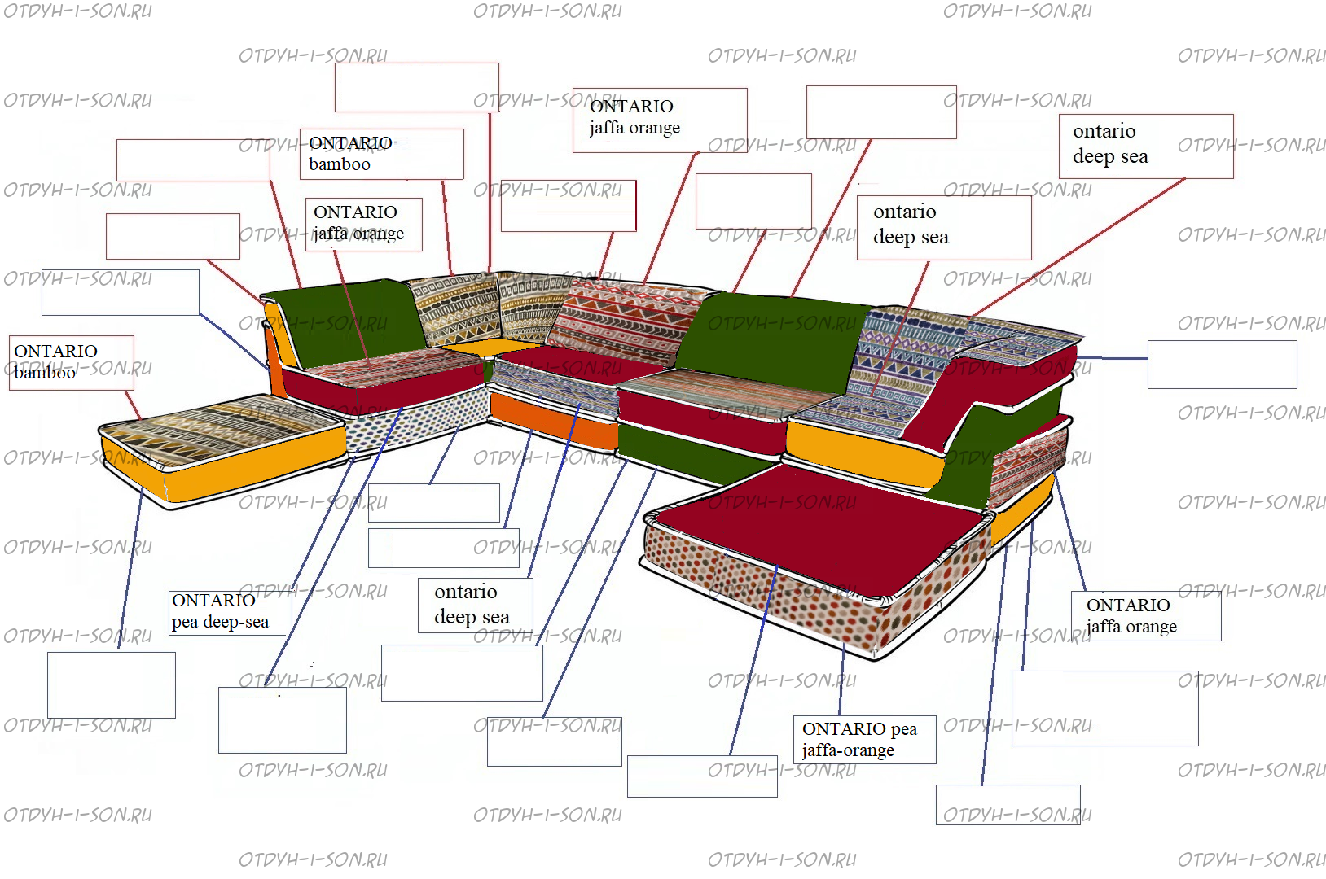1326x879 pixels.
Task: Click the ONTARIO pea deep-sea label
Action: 230,613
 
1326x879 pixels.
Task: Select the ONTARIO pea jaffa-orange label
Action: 864,739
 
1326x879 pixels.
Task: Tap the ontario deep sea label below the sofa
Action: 476,605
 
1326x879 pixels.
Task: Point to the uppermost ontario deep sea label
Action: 1146,146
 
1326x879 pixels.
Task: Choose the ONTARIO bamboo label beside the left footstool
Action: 72,363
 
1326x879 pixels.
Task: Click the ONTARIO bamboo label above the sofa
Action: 382,154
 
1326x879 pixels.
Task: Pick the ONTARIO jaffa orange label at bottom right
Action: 1146,616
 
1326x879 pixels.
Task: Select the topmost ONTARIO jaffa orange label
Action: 660,120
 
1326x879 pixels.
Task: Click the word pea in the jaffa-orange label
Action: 903,728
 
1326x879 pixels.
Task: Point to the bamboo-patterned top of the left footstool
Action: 222,429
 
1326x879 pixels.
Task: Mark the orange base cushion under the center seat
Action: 554,421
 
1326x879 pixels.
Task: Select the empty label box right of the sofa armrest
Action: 1223,365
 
